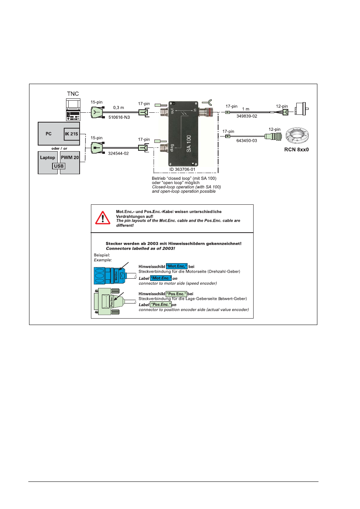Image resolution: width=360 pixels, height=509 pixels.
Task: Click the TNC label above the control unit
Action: (x=73, y=94)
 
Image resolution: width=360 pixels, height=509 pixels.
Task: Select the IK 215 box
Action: (x=71, y=134)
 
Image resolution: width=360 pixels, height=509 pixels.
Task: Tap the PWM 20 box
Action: (x=70, y=158)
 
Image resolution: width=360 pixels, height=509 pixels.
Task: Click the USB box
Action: (x=59, y=166)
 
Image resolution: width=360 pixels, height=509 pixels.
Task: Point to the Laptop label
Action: (x=48, y=158)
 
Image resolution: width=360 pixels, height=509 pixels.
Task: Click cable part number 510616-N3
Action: (x=119, y=117)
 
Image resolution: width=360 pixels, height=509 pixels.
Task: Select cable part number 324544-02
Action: (x=118, y=153)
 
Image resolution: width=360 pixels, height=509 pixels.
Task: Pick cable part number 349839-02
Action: (x=247, y=116)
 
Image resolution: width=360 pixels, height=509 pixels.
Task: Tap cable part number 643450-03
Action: (x=246, y=141)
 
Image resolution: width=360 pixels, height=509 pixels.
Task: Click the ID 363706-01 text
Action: (x=182, y=170)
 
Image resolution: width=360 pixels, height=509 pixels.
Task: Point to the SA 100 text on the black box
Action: (x=189, y=143)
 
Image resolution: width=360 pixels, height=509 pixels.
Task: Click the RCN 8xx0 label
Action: (x=296, y=150)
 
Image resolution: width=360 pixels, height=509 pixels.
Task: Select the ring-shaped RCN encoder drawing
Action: (x=297, y=135)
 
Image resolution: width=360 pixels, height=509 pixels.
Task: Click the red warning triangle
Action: (x=103, y=218)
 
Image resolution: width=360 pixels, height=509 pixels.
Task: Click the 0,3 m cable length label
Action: (x=118, y=108)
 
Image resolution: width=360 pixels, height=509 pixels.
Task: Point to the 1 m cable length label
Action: (x=246, y=109)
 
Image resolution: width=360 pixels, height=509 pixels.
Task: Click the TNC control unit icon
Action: (x=73, y=109)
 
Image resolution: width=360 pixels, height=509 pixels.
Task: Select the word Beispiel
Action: (x=102, y=255)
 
